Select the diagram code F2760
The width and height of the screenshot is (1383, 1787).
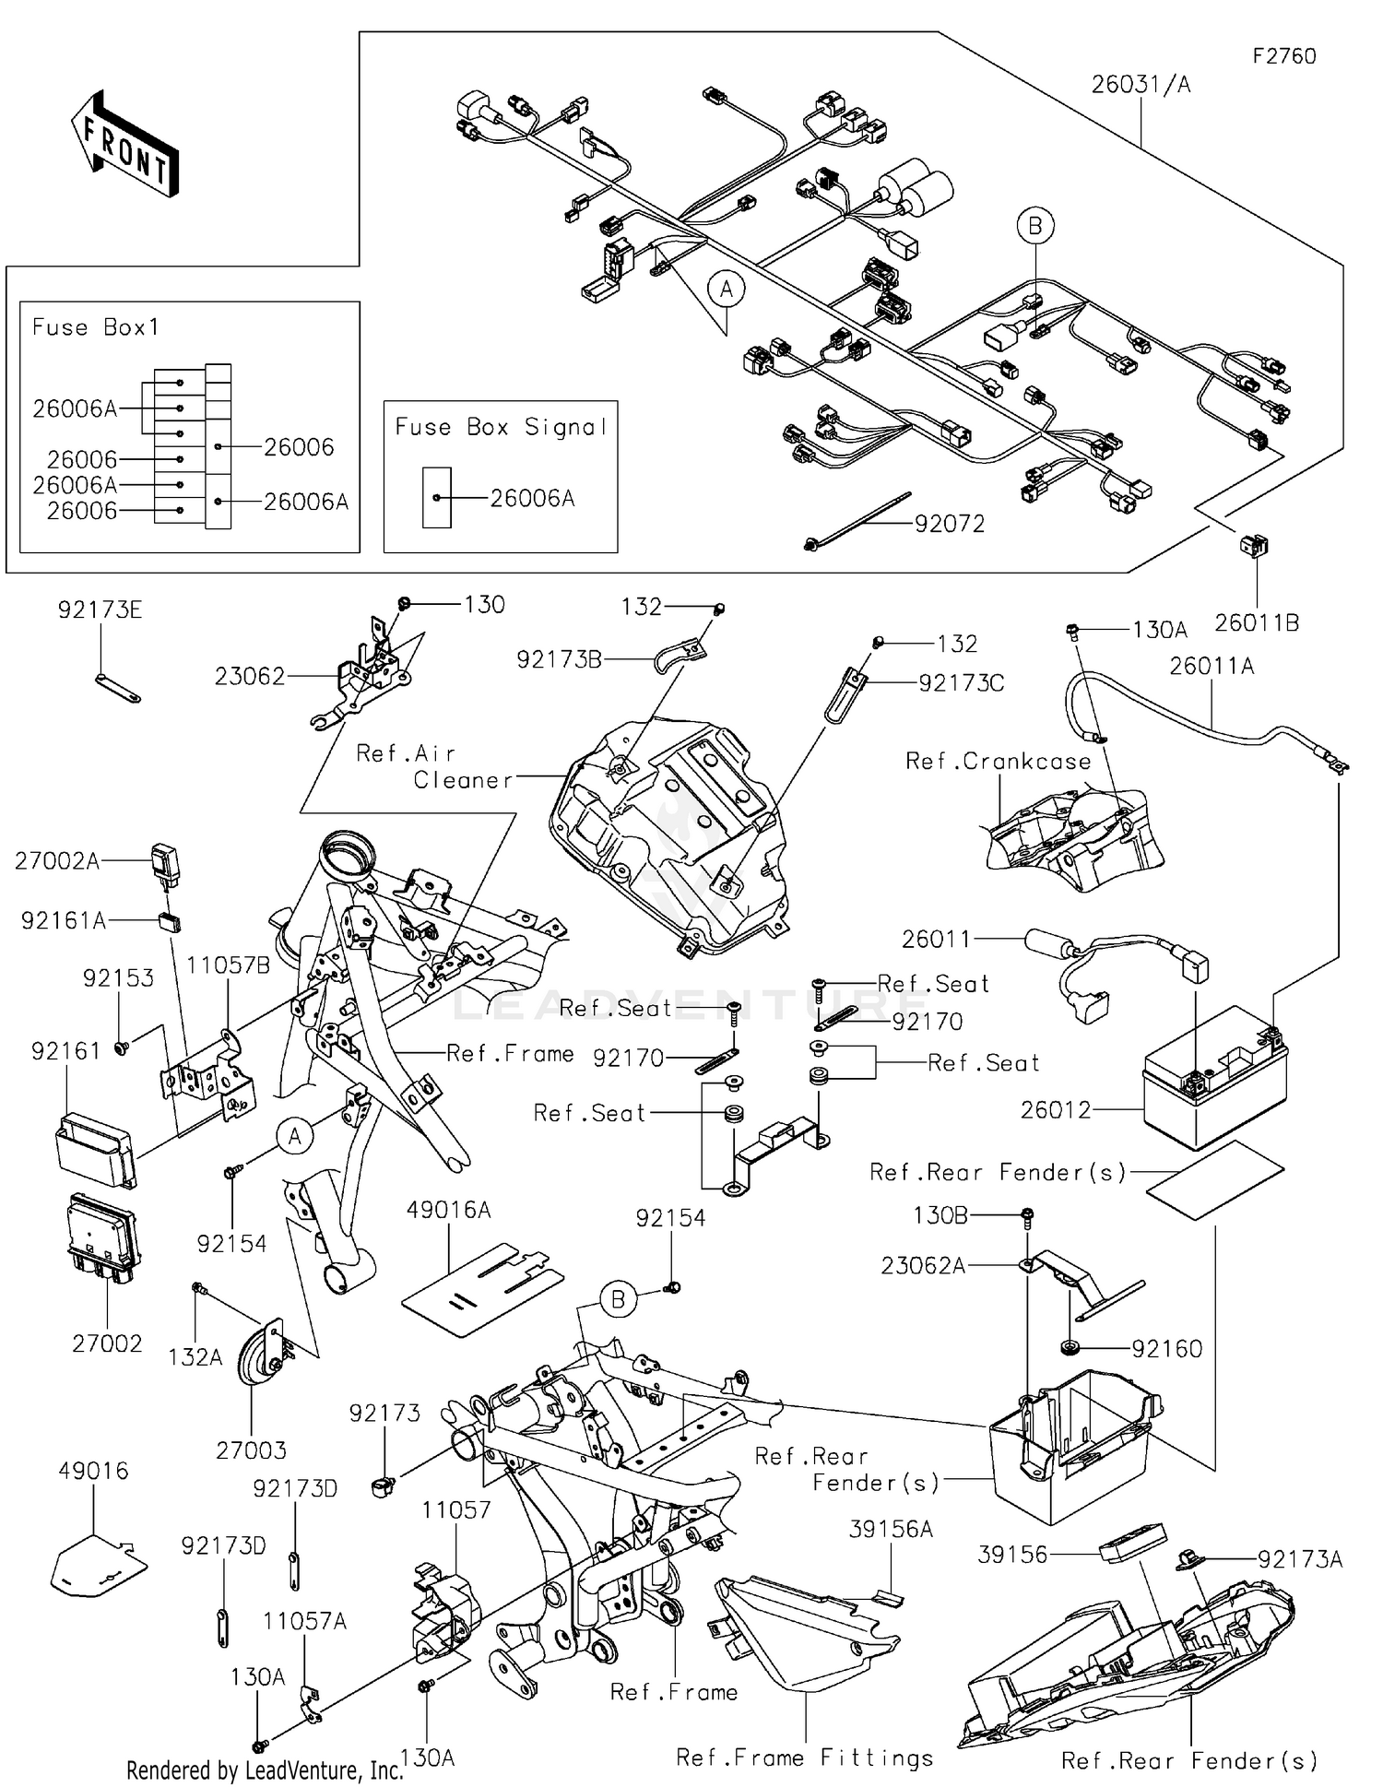tap(1283, 56)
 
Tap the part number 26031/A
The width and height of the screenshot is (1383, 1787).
tap(1141, 85)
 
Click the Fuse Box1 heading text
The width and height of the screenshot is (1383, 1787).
tap(96, 327)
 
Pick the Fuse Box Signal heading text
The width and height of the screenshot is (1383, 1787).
tap(501, 427)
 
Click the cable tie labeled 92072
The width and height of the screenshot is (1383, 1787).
tap(857, 522)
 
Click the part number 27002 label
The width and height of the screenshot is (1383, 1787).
tap(107, 1343)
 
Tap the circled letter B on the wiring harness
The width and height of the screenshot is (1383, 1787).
tap(1034, 226)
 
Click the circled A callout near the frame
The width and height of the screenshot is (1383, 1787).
tap(294, 1136)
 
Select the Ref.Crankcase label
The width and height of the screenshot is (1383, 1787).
tap(998, 762)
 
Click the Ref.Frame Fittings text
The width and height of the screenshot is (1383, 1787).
tap(804, 1757)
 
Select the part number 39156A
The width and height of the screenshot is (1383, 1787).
tap(890, 1530)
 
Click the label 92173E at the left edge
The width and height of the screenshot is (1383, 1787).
tap(100, 610)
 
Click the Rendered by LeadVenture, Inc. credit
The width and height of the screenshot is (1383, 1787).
tap(265, 1769)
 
